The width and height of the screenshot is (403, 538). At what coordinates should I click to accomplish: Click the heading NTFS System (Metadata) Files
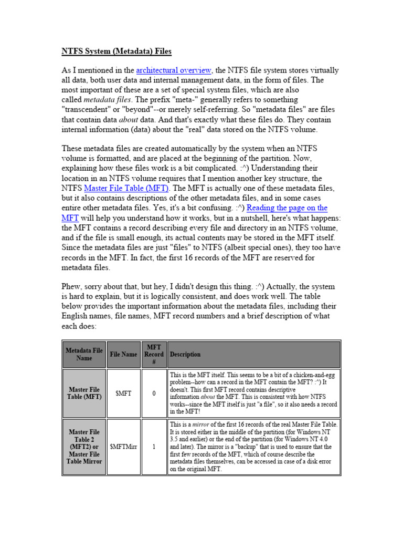click(116, 51)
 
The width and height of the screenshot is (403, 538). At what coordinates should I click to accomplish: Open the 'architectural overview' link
click(173, 70)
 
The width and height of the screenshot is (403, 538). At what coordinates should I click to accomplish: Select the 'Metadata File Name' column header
click(84, 354)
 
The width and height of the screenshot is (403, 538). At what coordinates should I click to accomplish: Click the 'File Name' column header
click(123, 354)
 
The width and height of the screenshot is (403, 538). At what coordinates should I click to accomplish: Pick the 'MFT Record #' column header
click(154, 354)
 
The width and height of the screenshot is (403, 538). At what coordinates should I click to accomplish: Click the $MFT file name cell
click(123, 394)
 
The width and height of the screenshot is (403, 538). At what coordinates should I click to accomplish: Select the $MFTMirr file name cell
click(123, 447)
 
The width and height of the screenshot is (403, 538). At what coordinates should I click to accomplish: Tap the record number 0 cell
click(154, 394)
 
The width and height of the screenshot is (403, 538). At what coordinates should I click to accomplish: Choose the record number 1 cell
click(154, 447)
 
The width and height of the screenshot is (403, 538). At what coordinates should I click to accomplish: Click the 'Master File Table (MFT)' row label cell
click(84, 394)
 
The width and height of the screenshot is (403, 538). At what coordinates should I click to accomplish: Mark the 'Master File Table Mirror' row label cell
click(84, 447)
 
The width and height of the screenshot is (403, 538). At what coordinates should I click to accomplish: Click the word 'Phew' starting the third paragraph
click(73, 287)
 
